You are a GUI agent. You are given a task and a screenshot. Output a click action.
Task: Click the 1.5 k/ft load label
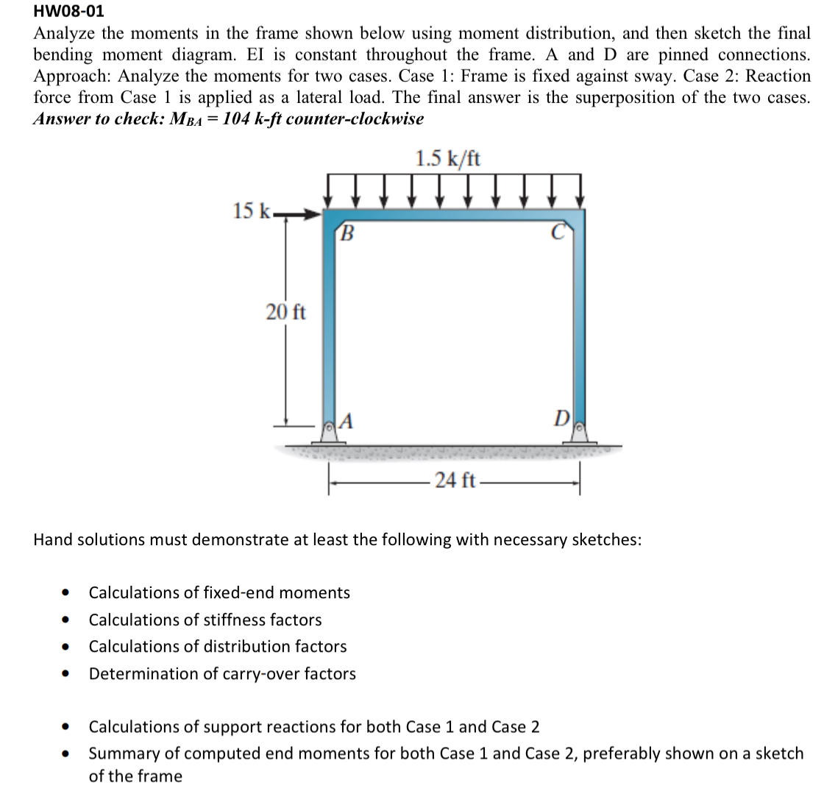[448, 158]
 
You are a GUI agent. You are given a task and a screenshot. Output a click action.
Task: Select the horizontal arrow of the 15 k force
[298, 216]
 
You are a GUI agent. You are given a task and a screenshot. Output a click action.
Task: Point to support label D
[560, 421]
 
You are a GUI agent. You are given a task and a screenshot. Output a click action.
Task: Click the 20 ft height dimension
[285, 312]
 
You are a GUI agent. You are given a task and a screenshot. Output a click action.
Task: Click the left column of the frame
[330, 324]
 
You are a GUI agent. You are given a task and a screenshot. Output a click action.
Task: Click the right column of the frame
[578, 324]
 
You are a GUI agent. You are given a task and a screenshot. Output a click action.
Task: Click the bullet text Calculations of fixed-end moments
[219, 592]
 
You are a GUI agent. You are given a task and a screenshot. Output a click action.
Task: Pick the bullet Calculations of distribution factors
[218, 647]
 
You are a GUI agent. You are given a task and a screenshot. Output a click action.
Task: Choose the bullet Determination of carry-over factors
[222, 674]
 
